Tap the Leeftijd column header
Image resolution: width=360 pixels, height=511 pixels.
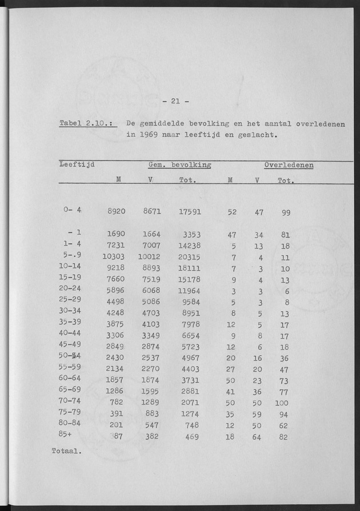pos(77,165)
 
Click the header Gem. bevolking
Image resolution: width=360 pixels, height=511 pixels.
pos(179,165)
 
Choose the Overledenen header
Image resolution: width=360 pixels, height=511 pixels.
pos(289,165)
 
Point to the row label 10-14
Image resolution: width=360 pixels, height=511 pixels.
pos(74,267)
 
